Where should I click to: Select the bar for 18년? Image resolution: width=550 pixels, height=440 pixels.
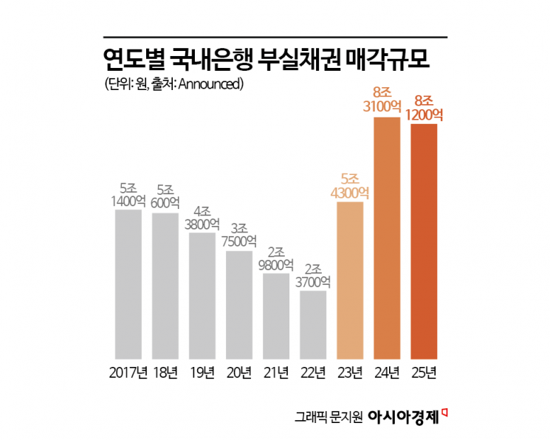[165, 286]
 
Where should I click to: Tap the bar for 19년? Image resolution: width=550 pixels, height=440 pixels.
[202, 296]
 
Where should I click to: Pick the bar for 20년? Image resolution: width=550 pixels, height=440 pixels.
[238, 305]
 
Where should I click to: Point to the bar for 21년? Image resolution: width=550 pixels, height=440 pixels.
[275, 316]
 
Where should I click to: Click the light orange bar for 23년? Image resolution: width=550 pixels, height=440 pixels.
[350, 280]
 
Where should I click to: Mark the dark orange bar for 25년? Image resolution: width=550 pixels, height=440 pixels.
[424, 241]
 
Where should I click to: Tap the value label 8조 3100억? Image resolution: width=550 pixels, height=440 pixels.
[387, 100]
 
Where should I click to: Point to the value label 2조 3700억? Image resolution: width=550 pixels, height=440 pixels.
[312, 274]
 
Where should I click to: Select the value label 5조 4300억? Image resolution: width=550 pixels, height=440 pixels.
[350, 185]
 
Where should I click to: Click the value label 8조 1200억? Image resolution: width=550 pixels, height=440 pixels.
[424, 107]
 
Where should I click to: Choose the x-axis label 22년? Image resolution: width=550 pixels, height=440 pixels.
[312, 371]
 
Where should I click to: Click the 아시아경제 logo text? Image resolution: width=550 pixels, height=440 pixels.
[405, 417]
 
